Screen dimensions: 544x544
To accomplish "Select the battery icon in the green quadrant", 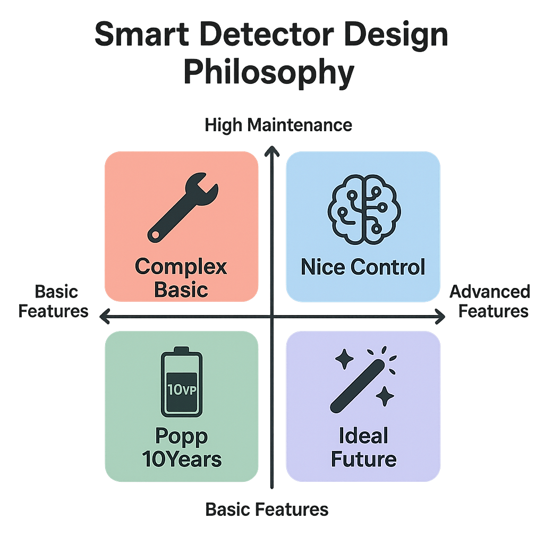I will [181, 382].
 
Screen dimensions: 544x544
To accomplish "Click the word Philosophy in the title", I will [268, 72].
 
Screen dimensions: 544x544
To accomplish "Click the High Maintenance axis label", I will [278, 125].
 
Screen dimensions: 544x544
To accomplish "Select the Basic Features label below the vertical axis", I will [267, 510].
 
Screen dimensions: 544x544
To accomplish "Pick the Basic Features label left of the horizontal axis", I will [54, 301].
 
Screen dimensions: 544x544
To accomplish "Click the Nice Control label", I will [363, 267].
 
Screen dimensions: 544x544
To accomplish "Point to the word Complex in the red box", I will [181, 266].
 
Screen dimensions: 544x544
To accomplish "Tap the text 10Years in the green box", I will [182, 459].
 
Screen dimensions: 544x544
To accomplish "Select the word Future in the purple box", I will [363, 459].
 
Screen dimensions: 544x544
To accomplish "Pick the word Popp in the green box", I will [182, 436].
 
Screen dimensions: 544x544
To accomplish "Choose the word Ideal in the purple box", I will [363, 436].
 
